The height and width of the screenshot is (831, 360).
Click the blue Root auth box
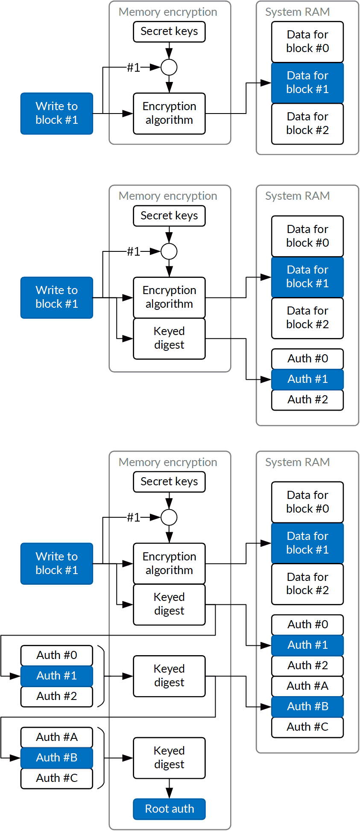tap(169, 809)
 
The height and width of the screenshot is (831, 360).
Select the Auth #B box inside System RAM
tap(307, 706)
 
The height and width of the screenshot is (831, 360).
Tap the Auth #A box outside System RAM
tap(57, 737)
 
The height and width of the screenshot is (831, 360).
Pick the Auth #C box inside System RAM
tap(307, 727)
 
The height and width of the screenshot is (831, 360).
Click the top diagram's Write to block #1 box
tap(57, 113)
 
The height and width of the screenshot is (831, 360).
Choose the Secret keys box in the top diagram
tap(169, 32)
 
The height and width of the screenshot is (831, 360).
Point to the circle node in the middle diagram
tap(169, 251)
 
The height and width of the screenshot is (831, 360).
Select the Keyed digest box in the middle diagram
tap(169, 338)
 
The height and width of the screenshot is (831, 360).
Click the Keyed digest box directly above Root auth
tap(169, 758)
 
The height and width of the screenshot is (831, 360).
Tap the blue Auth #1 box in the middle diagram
tap(307, 379)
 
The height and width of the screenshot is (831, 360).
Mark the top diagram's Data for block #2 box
tap(307, 123)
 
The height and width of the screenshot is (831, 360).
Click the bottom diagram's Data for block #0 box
tap(307, 502)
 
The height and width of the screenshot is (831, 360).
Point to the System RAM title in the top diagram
tap(297, 12)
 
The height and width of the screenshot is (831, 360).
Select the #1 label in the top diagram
tap(134, 67)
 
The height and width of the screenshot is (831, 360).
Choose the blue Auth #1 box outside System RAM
tap(57, 676)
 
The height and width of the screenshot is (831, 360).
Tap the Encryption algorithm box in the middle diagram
tap(169, 297)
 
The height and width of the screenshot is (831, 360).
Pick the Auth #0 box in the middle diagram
tap(307, 359)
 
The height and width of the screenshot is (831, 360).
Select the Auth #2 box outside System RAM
tap(57, 696)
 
